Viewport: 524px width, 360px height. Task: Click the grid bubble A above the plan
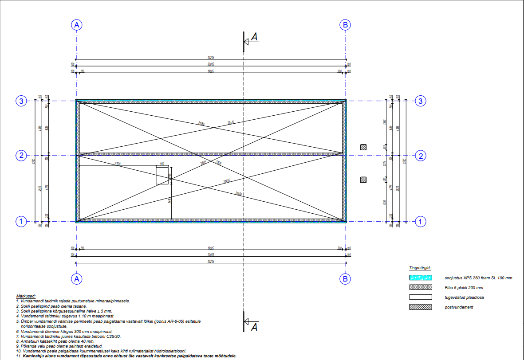coord(77,25)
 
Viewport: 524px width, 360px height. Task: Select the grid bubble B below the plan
coord(345,279)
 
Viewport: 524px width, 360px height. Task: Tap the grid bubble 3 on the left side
coord(21,101)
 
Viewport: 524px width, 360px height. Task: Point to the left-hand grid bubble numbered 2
coord(21,156)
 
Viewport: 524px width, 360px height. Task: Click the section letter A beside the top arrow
coord(254,37)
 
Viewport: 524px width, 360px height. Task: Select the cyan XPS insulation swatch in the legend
coord(420,278)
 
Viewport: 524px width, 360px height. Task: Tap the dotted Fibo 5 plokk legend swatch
coord(420,287)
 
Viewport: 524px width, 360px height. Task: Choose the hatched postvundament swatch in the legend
coord(420,307)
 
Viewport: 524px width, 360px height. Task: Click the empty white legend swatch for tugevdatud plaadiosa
coord(420,297)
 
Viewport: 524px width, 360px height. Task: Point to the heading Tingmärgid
coord(420,268)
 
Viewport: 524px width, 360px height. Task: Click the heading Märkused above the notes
coord(26,296)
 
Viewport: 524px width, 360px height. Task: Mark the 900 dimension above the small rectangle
coord(162,164)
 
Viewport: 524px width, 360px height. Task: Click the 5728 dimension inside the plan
coord(118,164)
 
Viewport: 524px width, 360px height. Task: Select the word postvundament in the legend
coord(459,307)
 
